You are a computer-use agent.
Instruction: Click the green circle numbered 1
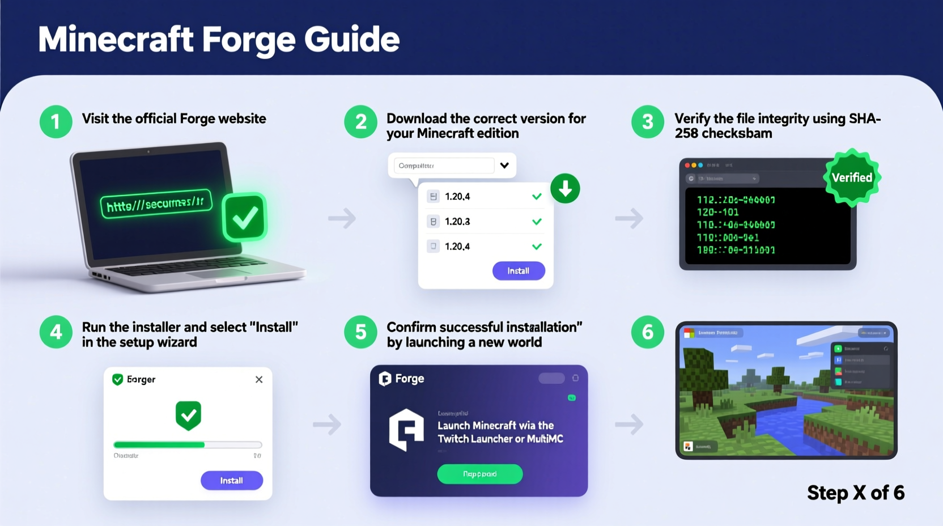56,122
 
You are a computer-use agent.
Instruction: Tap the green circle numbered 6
647,332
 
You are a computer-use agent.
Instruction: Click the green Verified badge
852,177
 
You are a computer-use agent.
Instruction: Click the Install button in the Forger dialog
231,481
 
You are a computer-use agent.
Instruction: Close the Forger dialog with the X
259,379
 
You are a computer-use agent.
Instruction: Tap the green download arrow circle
565,189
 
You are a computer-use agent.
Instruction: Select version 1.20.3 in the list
457,222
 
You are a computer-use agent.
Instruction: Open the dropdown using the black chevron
504,166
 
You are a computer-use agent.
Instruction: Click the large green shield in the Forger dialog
188,415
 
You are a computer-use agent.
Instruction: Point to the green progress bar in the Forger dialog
159,445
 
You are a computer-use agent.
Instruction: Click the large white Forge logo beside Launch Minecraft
406,430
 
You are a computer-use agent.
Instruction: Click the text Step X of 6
855,493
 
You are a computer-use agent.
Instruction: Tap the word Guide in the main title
351,40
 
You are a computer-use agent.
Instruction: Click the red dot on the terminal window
687,166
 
